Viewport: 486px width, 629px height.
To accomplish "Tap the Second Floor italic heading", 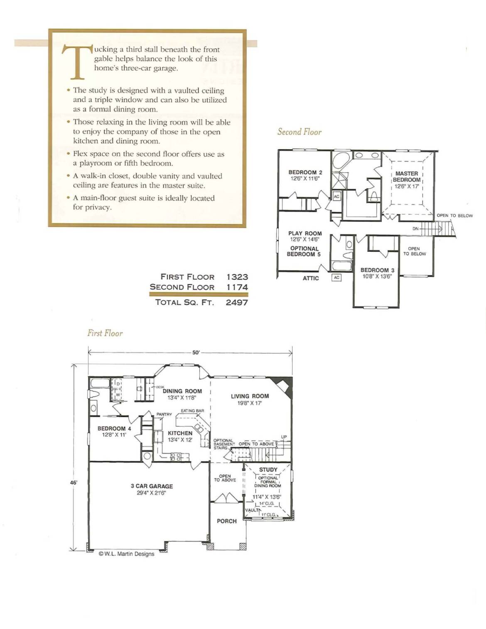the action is [x=299, y=132].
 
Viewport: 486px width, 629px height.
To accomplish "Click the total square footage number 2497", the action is [x=237, y=302].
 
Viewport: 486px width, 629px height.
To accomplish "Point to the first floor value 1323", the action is [x=237, y=277].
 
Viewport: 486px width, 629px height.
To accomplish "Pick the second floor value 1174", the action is [x=237, y=287].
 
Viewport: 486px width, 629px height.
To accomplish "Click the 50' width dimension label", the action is [x=196, y=353].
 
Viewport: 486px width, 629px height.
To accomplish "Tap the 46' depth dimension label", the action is [x=74, y=482].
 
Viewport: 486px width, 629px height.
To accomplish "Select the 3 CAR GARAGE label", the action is [x=152, y=486].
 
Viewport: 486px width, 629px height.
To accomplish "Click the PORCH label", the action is [x=227, y=521].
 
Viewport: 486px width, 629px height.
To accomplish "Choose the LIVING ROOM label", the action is [x=250, y=396].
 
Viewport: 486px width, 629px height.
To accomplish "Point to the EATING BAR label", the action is [x=192, y=410].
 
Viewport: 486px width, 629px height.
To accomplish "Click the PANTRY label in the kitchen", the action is [x=164, y=414].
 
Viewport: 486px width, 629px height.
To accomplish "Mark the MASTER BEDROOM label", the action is [x=406, y=177].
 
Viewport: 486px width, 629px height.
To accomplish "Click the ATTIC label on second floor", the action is [x=311, y=278].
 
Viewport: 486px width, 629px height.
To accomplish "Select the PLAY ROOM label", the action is [x=305, y=233].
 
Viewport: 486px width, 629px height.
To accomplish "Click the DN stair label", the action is [x=415, y=229].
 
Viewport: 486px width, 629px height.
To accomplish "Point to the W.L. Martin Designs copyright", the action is [x=126, y=554].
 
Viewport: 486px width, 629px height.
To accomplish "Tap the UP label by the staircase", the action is [x=284, y=437].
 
